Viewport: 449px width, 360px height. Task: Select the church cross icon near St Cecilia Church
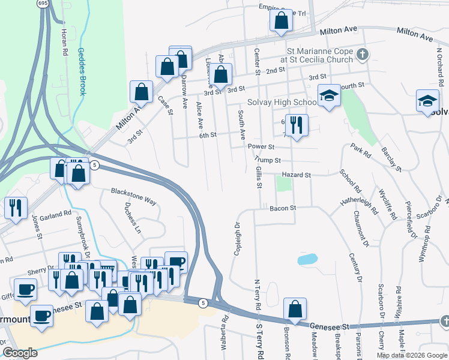coord(361,55)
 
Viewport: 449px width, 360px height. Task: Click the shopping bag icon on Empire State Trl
coord(280,21)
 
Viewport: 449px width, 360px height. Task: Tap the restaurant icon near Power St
coord(296,125)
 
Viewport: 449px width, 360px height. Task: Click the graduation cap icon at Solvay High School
coord(329,95)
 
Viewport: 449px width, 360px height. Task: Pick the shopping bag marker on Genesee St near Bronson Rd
coord(295,310)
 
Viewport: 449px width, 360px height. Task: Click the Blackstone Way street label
coord(133,197)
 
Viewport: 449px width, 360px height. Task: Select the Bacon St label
coord(283,208)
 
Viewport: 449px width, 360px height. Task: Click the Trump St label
coord(268,160)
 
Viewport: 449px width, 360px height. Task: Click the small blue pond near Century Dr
coord(307,259)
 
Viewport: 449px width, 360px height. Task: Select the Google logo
coord(20,353)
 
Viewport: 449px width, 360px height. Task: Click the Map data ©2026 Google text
coord(412,355)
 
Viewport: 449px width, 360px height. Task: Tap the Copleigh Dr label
coord(237,239)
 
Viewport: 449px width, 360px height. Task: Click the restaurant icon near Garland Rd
coord(14,208)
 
